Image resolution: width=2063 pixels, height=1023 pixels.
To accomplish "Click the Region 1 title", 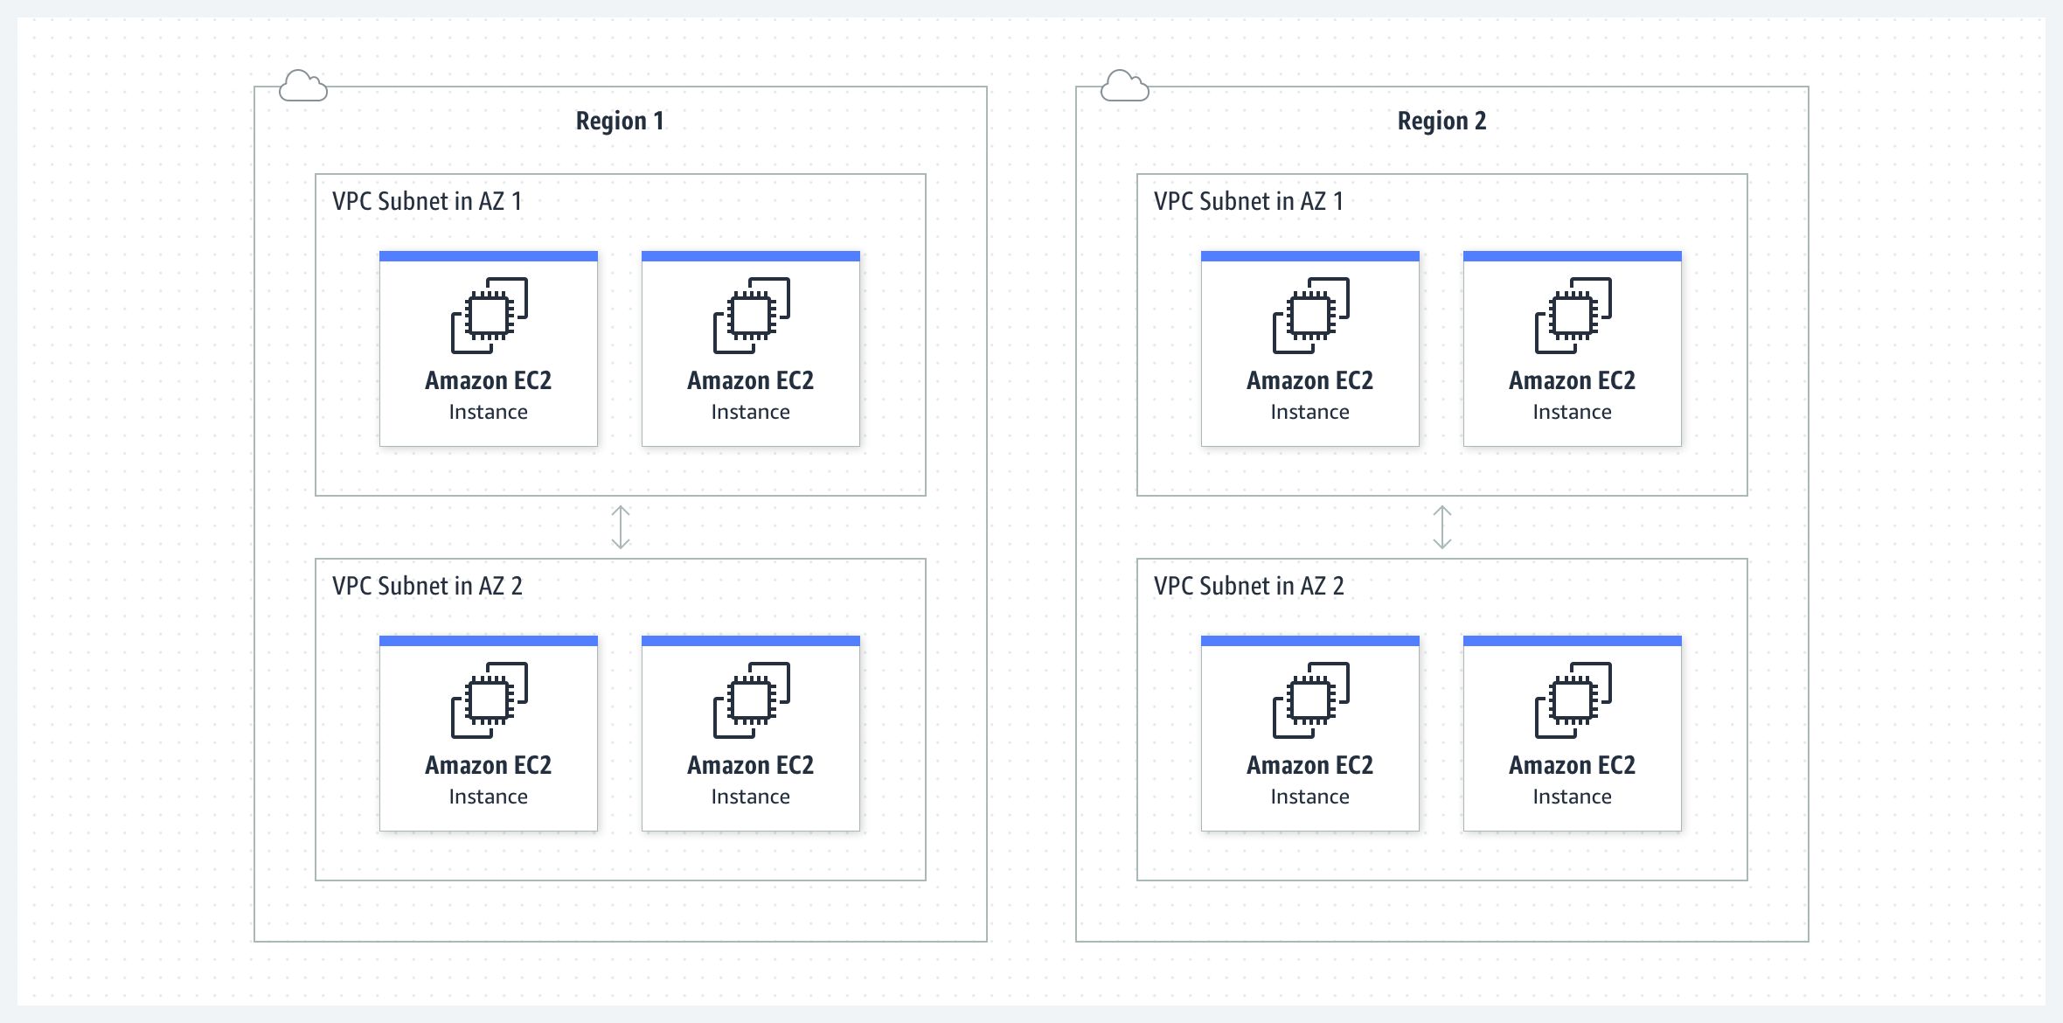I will [x=620, y=121].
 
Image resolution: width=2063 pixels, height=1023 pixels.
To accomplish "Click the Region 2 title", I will [x=1441, y=121].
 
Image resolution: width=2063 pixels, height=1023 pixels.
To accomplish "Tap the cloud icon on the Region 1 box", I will [x=302, y=86].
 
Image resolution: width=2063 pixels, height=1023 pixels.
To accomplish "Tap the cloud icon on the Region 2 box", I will [x=1124, y=86].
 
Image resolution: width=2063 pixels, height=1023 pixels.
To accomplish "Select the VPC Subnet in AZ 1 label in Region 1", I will [x=427, y=201].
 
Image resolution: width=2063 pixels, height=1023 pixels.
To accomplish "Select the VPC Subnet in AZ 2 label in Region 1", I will [x=427, y=586].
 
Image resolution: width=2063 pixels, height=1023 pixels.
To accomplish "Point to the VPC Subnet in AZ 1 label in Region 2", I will [x=1248, y=201].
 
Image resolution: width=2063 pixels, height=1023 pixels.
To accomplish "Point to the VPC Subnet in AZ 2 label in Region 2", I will [x=1248, y=586].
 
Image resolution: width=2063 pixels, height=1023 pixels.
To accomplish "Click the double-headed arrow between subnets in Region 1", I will [x=620, y=527].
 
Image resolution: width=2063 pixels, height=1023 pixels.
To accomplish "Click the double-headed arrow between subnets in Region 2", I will [x=1441, y=527].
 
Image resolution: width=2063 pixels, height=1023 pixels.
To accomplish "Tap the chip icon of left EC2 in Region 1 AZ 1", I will [x=489, y=316].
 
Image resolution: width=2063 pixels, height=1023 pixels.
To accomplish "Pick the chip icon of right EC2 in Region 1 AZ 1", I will [x=751, y=316].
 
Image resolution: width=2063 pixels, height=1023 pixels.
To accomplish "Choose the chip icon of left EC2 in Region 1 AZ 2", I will [x=489, y=700].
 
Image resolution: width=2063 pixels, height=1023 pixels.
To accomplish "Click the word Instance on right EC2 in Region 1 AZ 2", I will [x=750, y=797].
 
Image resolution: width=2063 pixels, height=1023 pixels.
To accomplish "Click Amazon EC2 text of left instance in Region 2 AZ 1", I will [x=1309, y=380].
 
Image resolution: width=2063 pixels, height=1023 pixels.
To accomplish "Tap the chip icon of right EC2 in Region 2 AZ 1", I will [x=1573, y=316].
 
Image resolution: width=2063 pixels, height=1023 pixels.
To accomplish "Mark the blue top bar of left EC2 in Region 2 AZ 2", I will [x=1309, y=641].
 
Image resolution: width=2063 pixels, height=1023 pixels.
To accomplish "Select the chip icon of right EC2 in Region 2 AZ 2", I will [x=1573, y=700].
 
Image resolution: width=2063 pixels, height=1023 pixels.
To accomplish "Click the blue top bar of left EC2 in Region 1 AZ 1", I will [x=488, y=256].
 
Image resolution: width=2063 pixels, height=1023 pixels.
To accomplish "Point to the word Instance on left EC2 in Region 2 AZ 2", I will [x=1309, y=797].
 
